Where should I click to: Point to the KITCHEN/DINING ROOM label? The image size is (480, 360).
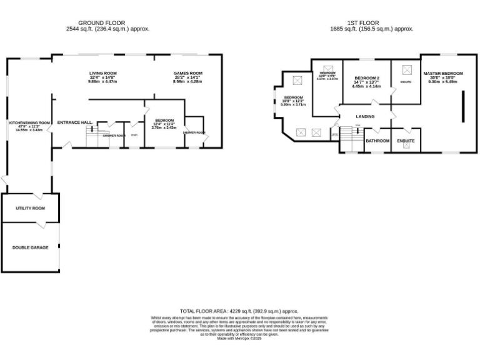click(x=29, y=122)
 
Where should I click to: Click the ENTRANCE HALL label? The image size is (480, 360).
click(x=76, y=122)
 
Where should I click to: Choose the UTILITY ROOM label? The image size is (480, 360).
click(x=30, y=207)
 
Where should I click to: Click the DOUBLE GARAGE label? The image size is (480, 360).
click(x=30, y=247)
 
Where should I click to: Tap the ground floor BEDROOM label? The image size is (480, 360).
click(x=164, y=120)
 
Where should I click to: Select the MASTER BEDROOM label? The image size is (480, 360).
click(x=442, y=74)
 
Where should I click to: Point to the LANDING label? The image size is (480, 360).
click(x=365, y=116)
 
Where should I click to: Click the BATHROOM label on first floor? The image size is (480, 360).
click(x=377, y=141)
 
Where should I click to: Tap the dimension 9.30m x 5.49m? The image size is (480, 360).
click(x=442, y=81)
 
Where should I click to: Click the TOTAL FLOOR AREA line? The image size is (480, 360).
click(x=239, y=311)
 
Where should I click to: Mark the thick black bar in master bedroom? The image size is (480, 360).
click(x=463, y=106)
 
